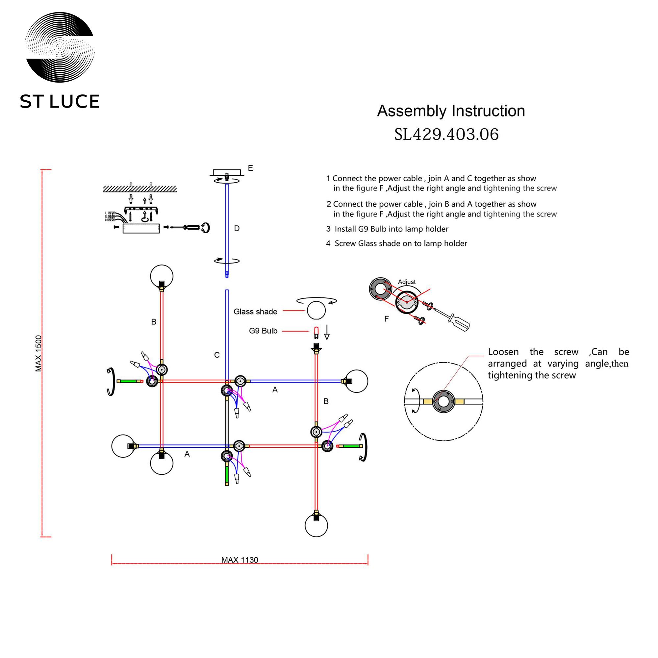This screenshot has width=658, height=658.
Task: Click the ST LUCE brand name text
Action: tap(60, 101)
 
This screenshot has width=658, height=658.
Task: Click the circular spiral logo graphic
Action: tap(60, 47)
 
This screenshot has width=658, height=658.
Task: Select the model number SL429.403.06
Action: tap(446, 134)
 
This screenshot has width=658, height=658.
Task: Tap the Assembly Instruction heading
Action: tap(451, 111)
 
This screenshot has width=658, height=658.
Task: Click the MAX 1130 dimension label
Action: tap(240, 560)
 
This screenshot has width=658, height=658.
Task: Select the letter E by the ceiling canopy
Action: tap(250, 168)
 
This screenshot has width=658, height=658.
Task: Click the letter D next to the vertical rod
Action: tap(237, 229)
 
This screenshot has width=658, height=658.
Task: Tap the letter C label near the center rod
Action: tap(217, 355)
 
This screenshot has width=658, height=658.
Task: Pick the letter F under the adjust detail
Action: tap(386, 319)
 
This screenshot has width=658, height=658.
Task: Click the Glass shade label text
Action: tap(255, 312)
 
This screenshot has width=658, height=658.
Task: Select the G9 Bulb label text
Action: tap(263, 331)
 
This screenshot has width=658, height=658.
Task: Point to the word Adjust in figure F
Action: tap(407, 282)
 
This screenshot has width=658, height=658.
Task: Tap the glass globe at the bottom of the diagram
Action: tap(316, 525)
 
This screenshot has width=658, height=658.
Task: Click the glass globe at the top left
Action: tap(162, 276)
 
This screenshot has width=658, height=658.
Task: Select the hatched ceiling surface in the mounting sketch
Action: tap(140, 189)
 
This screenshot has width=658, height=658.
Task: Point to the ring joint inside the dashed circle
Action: tap(443, 401)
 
